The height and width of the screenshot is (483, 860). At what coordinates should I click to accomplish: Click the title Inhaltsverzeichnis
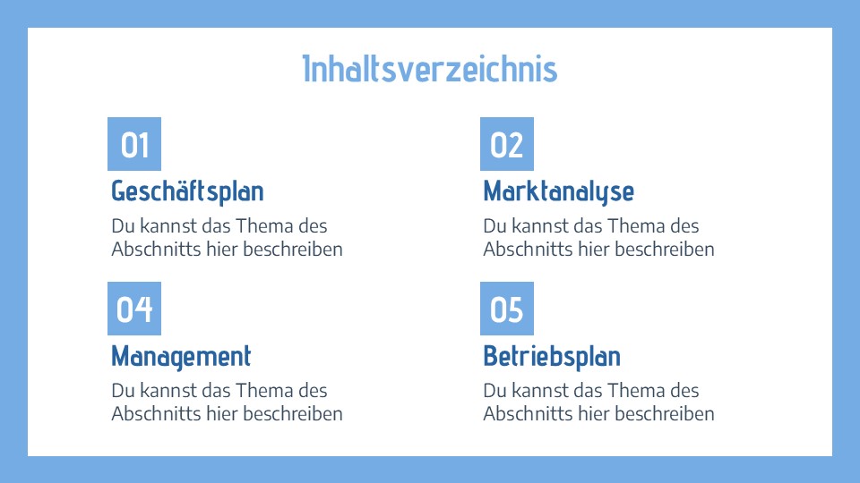tap(430, 69)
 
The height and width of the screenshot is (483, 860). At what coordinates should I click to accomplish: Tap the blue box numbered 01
tap(134, 144)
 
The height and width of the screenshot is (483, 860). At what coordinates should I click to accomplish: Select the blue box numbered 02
tap(507, 144)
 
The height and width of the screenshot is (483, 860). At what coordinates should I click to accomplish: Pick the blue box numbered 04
tap(134, 309)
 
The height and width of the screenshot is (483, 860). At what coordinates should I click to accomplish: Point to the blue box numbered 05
tap(507, 309)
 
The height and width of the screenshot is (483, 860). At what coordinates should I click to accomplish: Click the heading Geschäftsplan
tap(187, 191)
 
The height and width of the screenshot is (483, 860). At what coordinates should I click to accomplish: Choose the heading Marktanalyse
tap(558, 191)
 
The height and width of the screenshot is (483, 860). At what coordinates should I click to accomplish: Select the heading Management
tap(181, 356)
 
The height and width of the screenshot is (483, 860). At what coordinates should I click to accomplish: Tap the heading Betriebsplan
tap(552, 356)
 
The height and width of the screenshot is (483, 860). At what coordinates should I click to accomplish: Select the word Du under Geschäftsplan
tap(122, 226)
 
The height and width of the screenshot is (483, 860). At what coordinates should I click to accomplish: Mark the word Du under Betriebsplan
tap(494, 391)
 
